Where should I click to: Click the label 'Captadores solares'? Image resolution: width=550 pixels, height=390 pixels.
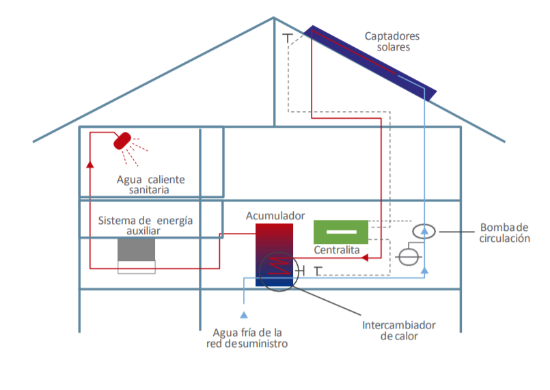(x=391, y=42)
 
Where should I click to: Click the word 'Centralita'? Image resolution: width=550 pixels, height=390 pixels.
(x=337, y=251)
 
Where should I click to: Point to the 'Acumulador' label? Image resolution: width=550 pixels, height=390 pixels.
(x=275, y=216)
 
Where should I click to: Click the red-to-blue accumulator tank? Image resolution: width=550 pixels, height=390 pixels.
(x=274, y=246)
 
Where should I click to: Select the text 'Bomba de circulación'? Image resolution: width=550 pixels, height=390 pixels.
(x=505, y=233)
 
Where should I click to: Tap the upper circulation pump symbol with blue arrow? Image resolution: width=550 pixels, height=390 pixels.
(x=424, y=232)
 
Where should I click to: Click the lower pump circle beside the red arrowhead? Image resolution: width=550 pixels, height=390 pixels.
(x=409, y=257)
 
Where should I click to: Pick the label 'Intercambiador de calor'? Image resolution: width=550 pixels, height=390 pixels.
(x=398, y=331)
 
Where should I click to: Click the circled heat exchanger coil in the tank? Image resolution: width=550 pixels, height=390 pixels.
(x=278, y=270)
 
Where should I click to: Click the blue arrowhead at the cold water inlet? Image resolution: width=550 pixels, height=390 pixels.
(x=243, y=314)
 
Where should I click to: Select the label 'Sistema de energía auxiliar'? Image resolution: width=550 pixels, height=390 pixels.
(x=145, y=226)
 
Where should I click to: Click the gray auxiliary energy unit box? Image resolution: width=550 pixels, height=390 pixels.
(x=137, y=250)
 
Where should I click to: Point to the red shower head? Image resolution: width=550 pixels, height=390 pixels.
(x=122, y=139)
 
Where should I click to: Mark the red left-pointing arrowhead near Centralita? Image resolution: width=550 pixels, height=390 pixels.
(x=365, y=257)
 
